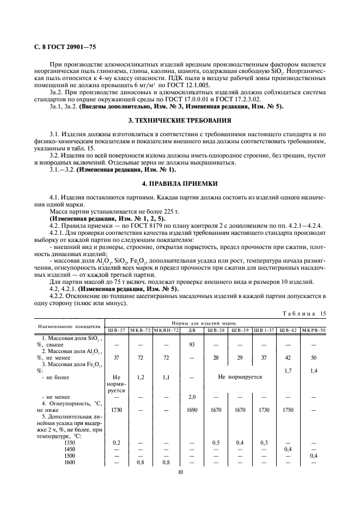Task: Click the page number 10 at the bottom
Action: [180, 472]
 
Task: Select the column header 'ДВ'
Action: [191, 330]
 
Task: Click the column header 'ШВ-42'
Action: [288, 330]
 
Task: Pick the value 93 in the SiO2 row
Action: [191, 345]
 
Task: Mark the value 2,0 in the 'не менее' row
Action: [191, 397]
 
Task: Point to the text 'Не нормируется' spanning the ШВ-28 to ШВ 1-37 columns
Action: [240, 377]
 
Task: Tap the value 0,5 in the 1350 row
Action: [216, 442]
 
